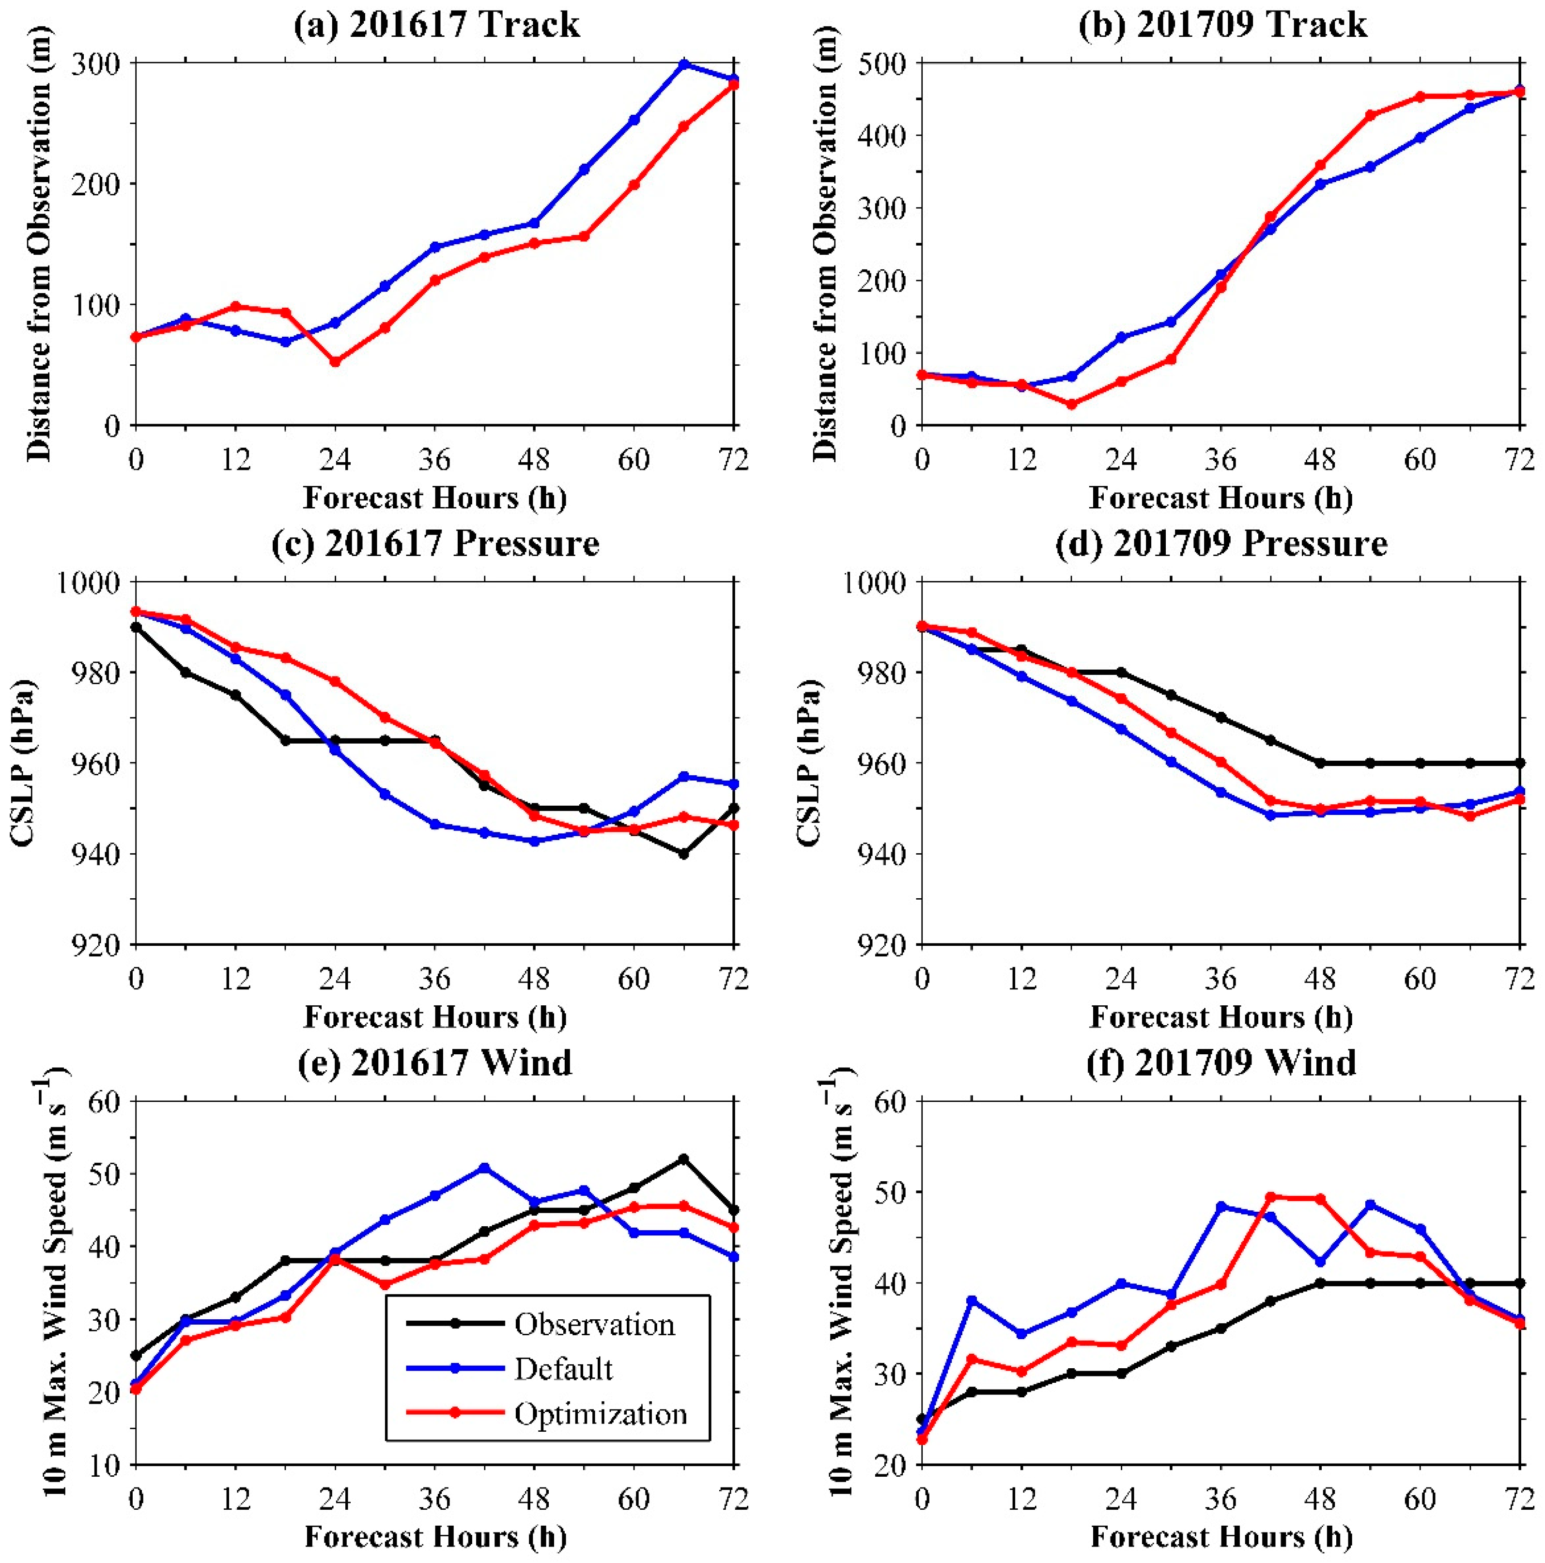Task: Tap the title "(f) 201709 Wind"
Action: coord(1221,1062)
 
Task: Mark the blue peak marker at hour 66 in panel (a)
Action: coord(683,64)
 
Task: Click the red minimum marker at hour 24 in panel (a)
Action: coord(335,361)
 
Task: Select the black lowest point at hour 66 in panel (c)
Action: coord(683,854)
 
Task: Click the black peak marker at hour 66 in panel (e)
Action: coord(683,1158)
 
